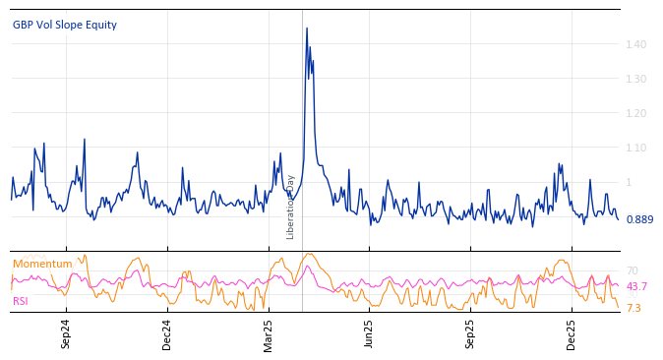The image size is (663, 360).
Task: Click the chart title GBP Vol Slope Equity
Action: point(65,25)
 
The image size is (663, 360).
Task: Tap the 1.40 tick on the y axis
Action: point(636,44)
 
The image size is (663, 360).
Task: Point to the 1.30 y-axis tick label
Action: point(636,79)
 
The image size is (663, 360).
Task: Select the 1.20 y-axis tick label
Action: point(636,113)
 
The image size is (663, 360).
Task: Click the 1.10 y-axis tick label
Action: point(636,148)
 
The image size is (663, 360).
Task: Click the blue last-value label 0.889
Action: point(639,219)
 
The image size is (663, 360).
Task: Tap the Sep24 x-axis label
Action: point(66,334)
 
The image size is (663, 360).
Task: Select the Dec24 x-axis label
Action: point(166,334)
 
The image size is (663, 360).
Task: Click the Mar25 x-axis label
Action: point(268,334)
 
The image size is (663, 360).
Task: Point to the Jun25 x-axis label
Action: point(369,334)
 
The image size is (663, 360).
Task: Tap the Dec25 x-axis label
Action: point(572,334)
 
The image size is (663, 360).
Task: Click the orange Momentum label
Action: point(42,264)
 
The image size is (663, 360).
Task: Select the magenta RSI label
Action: point(21,301)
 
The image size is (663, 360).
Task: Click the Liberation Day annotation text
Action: point(291,207)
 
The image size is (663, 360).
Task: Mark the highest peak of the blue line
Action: point(306,29)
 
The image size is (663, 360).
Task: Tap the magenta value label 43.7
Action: point(636,286)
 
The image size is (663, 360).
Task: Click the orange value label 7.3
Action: point(633,308)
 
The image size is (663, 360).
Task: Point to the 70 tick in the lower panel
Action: point(632,270)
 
